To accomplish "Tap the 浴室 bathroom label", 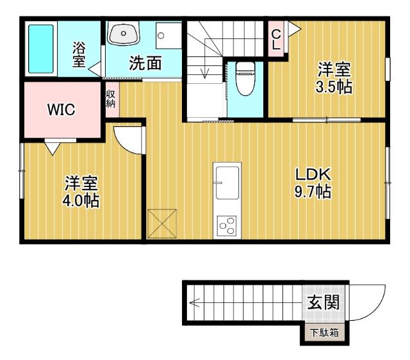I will pyautogui.click(x=79, y=55).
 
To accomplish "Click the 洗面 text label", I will pyautogui.click(x=145, y=63).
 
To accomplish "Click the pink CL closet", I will pyautogui.click(x=276, y=40).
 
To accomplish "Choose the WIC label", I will pyautogui.click(x=61, y=110).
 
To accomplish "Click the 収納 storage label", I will pyautogui.click(x=111, y=99).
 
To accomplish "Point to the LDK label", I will pyautogui.click(x=312, y=174).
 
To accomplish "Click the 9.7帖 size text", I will pyautogui.click(x=313, y=191).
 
